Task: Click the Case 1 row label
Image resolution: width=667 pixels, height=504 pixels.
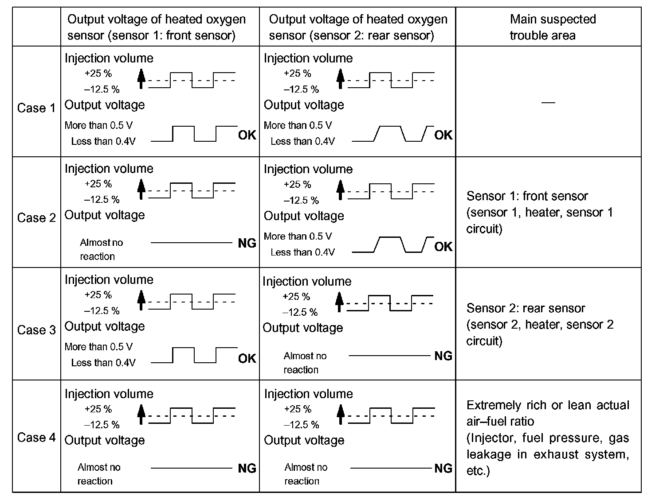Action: [x=36, y=108]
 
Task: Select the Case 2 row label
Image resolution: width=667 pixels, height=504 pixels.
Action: [x=36, y=218]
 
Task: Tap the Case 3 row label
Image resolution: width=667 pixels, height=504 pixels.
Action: [x=36, y=330]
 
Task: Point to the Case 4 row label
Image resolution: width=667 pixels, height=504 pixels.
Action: [x=36, y=438]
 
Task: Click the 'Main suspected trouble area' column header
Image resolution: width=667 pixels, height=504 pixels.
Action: [x=548, y=27]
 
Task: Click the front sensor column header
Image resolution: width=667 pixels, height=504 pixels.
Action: [x=156, y=27]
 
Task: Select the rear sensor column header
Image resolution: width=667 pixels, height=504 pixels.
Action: [x=357, y=27]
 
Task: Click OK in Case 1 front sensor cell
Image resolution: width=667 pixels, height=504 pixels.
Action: [x=247, y=135]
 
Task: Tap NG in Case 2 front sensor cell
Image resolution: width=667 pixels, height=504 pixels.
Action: [x=247, y=243]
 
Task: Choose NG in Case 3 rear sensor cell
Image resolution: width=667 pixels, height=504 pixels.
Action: [x=443, y=356]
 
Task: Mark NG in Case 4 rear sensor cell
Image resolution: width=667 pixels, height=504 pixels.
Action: [x=443, y=468]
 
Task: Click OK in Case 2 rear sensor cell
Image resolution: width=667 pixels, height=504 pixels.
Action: [x=443, y=247]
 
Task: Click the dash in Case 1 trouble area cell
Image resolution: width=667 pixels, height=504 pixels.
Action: [x=548, y=103]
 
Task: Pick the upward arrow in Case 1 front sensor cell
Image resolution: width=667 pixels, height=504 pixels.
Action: [x=141, y=79]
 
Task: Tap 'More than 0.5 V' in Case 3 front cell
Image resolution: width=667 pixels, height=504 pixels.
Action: [x=98, y=347]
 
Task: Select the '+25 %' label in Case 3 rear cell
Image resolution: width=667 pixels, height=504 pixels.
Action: [x=296, y=297]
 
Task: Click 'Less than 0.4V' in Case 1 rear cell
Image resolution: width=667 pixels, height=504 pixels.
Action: [x=302, y=141]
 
